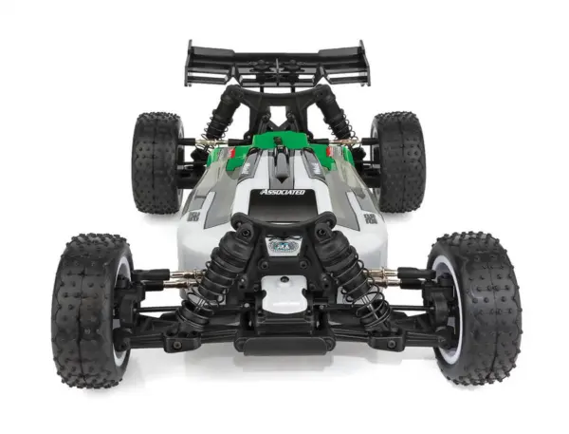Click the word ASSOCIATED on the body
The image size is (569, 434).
tap(283, 193)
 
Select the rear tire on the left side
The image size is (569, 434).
tap(156, 161)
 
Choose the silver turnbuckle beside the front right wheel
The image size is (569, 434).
tap(383, 277)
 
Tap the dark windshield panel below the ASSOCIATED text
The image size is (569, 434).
tap(283, 211)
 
